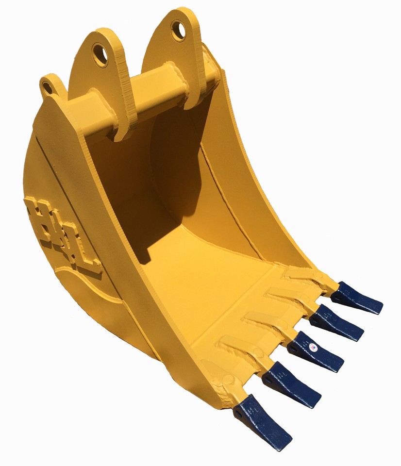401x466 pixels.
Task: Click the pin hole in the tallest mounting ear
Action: (x=178, y=31)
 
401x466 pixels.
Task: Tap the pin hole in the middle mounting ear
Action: (x=100, y=54)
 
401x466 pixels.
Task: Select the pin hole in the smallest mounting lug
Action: (x=47, y=88)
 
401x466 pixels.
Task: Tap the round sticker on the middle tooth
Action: (x=313, y=348)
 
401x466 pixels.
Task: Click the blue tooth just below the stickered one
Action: (x=291, y=383)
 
